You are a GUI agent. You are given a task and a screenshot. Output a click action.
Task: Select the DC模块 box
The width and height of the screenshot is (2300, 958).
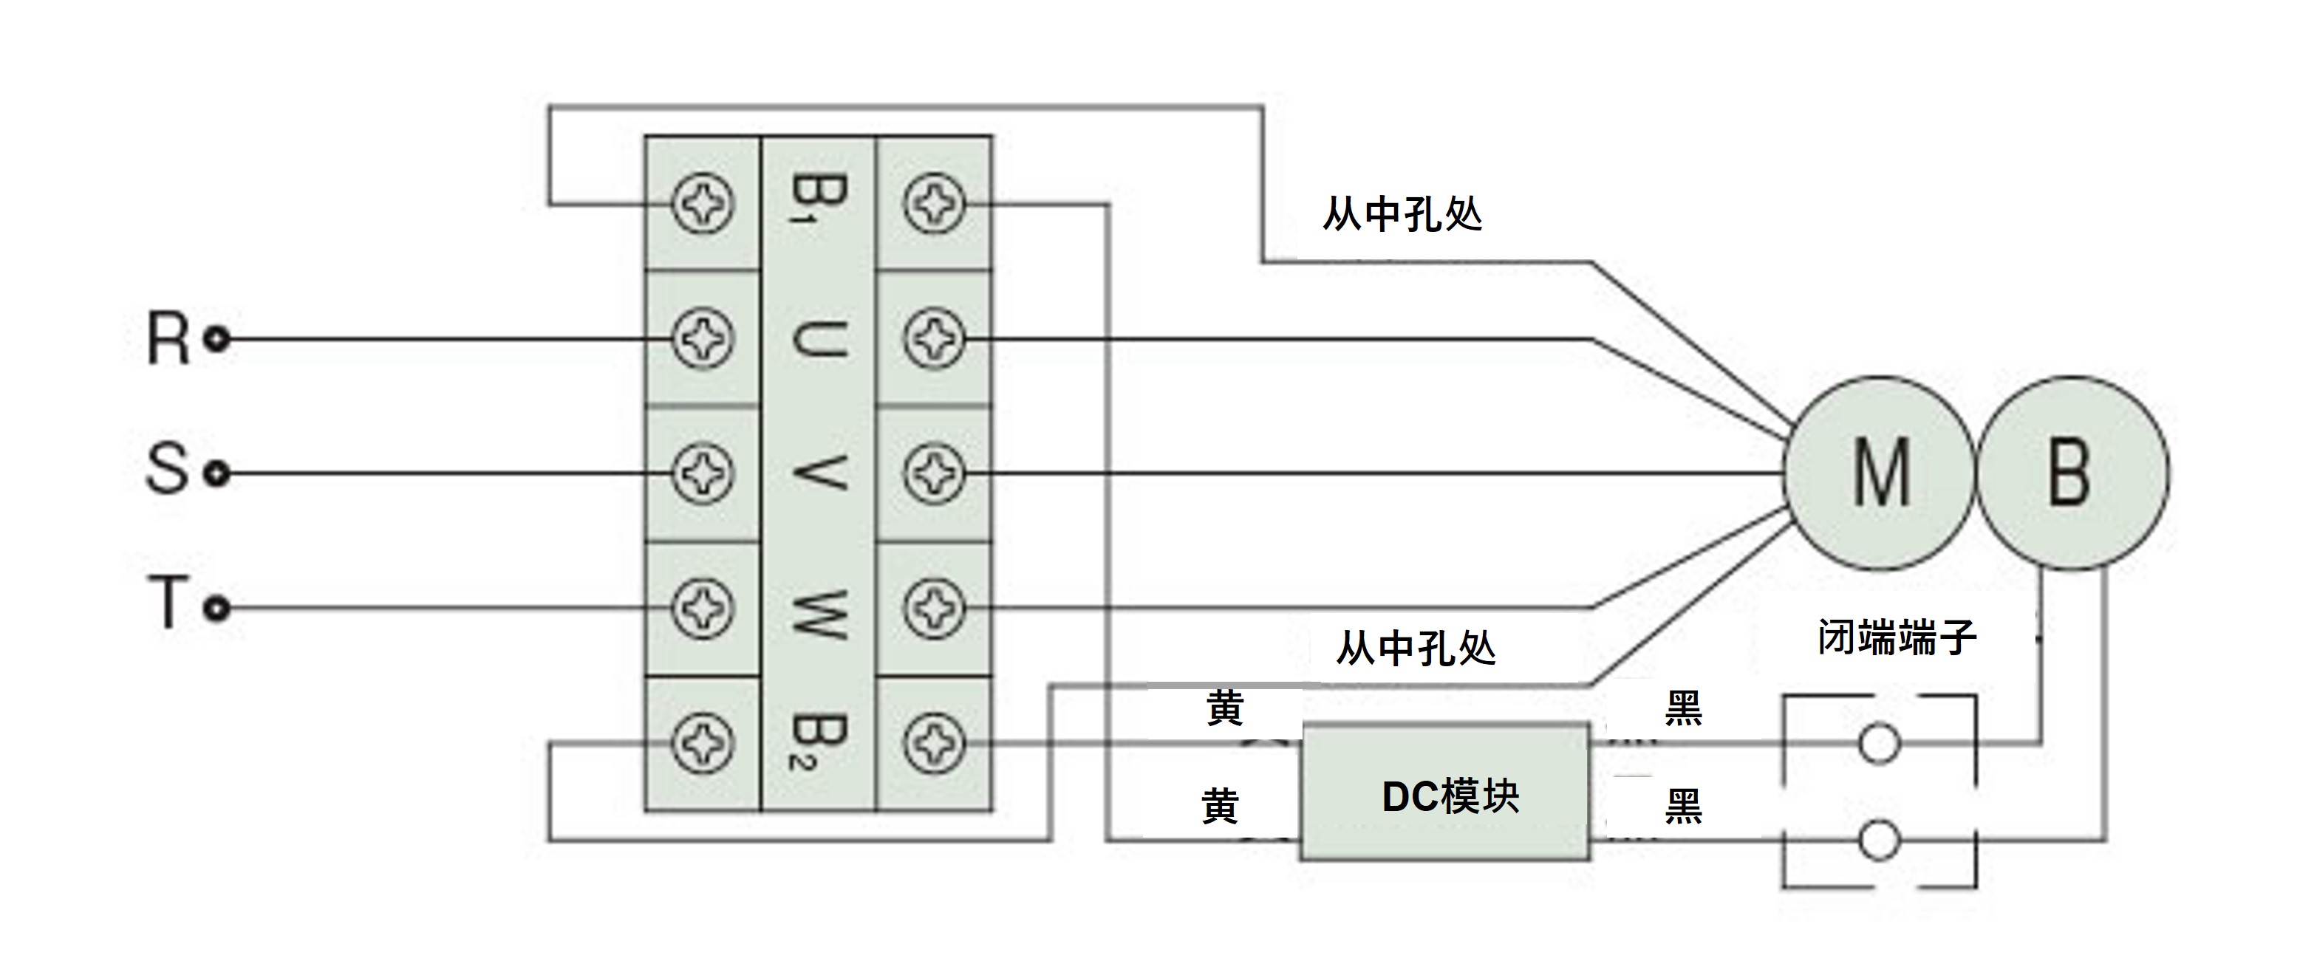(x=1446, y=793)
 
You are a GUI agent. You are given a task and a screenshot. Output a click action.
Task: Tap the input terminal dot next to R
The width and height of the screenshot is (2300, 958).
(x=217, y=339)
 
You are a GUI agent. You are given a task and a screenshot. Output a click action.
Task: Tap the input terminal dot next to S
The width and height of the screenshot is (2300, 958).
(x=217, y=473)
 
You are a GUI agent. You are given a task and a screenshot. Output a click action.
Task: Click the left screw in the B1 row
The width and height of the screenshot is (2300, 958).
(x=703, y=205)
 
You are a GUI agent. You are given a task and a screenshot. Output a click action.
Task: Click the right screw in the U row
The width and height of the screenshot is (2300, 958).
(x=934, y=339)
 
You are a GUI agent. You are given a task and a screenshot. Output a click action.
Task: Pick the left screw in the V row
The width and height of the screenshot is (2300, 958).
(x=703, y=473)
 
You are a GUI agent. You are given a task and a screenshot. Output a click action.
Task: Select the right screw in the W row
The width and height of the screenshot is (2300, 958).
(x=934, y=609)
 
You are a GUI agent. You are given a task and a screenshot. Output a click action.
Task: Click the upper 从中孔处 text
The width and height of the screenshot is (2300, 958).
(x=1402, y=214)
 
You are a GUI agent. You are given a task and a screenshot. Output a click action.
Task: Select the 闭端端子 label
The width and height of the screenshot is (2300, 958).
(x=1897, y=637)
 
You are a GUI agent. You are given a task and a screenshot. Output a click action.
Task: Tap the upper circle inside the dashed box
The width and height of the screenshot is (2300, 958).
(x=1879, y=744)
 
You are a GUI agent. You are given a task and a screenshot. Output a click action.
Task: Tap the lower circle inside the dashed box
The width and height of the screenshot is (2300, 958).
(x=1879, y=840)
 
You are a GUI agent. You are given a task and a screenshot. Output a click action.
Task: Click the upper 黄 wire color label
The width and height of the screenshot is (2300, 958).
(x=1224, y=709)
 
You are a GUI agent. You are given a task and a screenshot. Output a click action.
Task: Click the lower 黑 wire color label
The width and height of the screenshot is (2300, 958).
(x=1683, y=807)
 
